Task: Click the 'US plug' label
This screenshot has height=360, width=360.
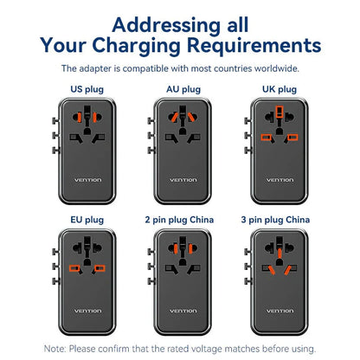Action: coord(87,89)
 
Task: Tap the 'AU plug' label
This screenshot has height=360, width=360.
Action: coord(183,89)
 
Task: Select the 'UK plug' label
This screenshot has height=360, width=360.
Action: coord(280,89)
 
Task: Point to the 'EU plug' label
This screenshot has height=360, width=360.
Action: coord(87,220)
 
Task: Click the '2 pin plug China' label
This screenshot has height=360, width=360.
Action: coord(179,220)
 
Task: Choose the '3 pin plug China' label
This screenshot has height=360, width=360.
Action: coord(275,220)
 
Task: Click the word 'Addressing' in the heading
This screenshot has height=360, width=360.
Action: coord(167,25)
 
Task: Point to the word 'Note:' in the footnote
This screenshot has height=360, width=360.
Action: coord(55,349)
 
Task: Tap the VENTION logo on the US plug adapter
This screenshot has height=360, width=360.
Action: coord(87,180)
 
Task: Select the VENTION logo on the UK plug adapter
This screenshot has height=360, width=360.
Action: coord(280,180)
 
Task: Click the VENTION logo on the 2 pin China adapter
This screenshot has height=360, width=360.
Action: coord(183,311)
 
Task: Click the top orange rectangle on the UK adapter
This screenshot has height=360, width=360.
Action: coord(280,112)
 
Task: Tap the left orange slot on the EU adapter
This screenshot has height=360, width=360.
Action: coord(74,268)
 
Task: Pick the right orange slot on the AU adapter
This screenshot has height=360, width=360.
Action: coord(191,117)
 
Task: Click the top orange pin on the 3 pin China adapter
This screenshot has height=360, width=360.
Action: coord(280,253)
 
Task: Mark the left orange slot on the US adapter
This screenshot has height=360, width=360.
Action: coord(80,117)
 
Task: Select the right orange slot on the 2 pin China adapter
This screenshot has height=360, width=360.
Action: coord(190,248)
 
